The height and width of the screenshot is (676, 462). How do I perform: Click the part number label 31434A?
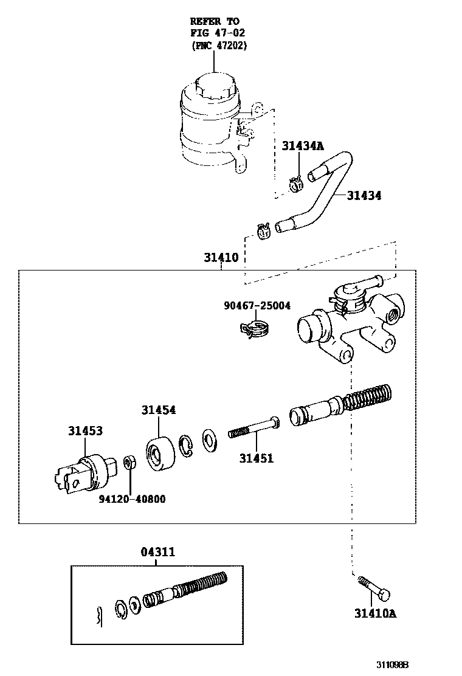click(x=302, y=146)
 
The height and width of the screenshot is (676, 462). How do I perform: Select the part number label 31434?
click(x=364, y=196)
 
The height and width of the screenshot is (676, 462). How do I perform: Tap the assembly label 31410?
click(x=221, y=258)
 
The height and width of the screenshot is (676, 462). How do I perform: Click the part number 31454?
click(x=159, y=410)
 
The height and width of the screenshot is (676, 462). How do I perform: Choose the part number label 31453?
click(x=85, y=431)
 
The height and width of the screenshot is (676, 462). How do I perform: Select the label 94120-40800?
click(x=132, y=499)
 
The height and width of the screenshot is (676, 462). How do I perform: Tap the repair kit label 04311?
click(x=157, y=552)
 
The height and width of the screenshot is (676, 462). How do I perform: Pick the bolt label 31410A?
click(x=375, y=613)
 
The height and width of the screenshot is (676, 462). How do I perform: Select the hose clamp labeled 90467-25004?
click(x=255, y=329)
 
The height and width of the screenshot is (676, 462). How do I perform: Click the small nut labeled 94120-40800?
click(x=129, y=463)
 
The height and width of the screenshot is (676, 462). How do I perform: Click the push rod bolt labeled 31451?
click(x=254, y=429)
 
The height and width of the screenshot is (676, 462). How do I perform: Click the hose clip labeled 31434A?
click(x=296, y=182)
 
